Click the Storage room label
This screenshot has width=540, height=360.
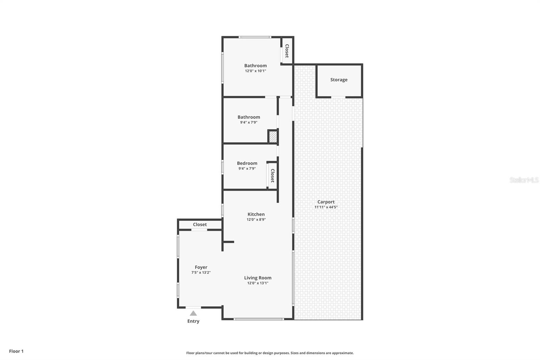pos(339,80)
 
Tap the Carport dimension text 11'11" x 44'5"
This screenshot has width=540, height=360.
pos(326,207)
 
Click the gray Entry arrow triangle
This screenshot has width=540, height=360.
pos(193,313)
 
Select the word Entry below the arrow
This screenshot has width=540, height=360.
pos(193,321)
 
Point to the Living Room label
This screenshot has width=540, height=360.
pos(258,278)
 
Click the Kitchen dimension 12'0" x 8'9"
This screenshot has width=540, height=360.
pos(256,220)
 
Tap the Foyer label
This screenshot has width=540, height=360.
pos(201,267)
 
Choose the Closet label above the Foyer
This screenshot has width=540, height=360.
pos(200,224)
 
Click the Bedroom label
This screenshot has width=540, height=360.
pos(247,163)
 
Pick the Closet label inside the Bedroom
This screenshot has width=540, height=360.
pos(272,176)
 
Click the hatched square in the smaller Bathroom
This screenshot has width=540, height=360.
pos(273,136)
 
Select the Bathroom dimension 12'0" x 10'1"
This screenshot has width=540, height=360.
pos(255,71)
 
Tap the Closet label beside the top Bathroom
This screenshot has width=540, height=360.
pos(287,51)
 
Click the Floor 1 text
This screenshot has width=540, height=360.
pos(16,351)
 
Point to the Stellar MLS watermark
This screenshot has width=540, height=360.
pos(524,180)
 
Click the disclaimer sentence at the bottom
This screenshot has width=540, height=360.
pos(270,353)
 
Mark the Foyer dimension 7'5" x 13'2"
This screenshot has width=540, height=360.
pos(201,273)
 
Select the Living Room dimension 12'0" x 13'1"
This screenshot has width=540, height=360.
pos(258,283)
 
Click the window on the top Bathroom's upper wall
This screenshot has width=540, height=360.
pos(254,37)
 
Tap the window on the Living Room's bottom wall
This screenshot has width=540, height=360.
pos(258,319)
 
